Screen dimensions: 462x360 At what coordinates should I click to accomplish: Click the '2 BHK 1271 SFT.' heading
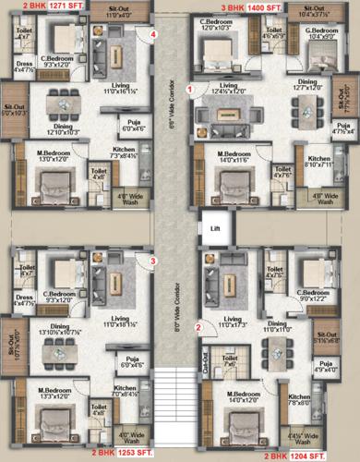click(36, 6)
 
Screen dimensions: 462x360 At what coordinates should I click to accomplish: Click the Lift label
click(214, 227)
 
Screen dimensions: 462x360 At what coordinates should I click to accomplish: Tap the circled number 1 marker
click(190, 90)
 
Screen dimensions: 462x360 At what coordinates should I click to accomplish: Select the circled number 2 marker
click(197, 326)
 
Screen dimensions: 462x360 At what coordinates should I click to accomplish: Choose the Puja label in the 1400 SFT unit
click(343, 128)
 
